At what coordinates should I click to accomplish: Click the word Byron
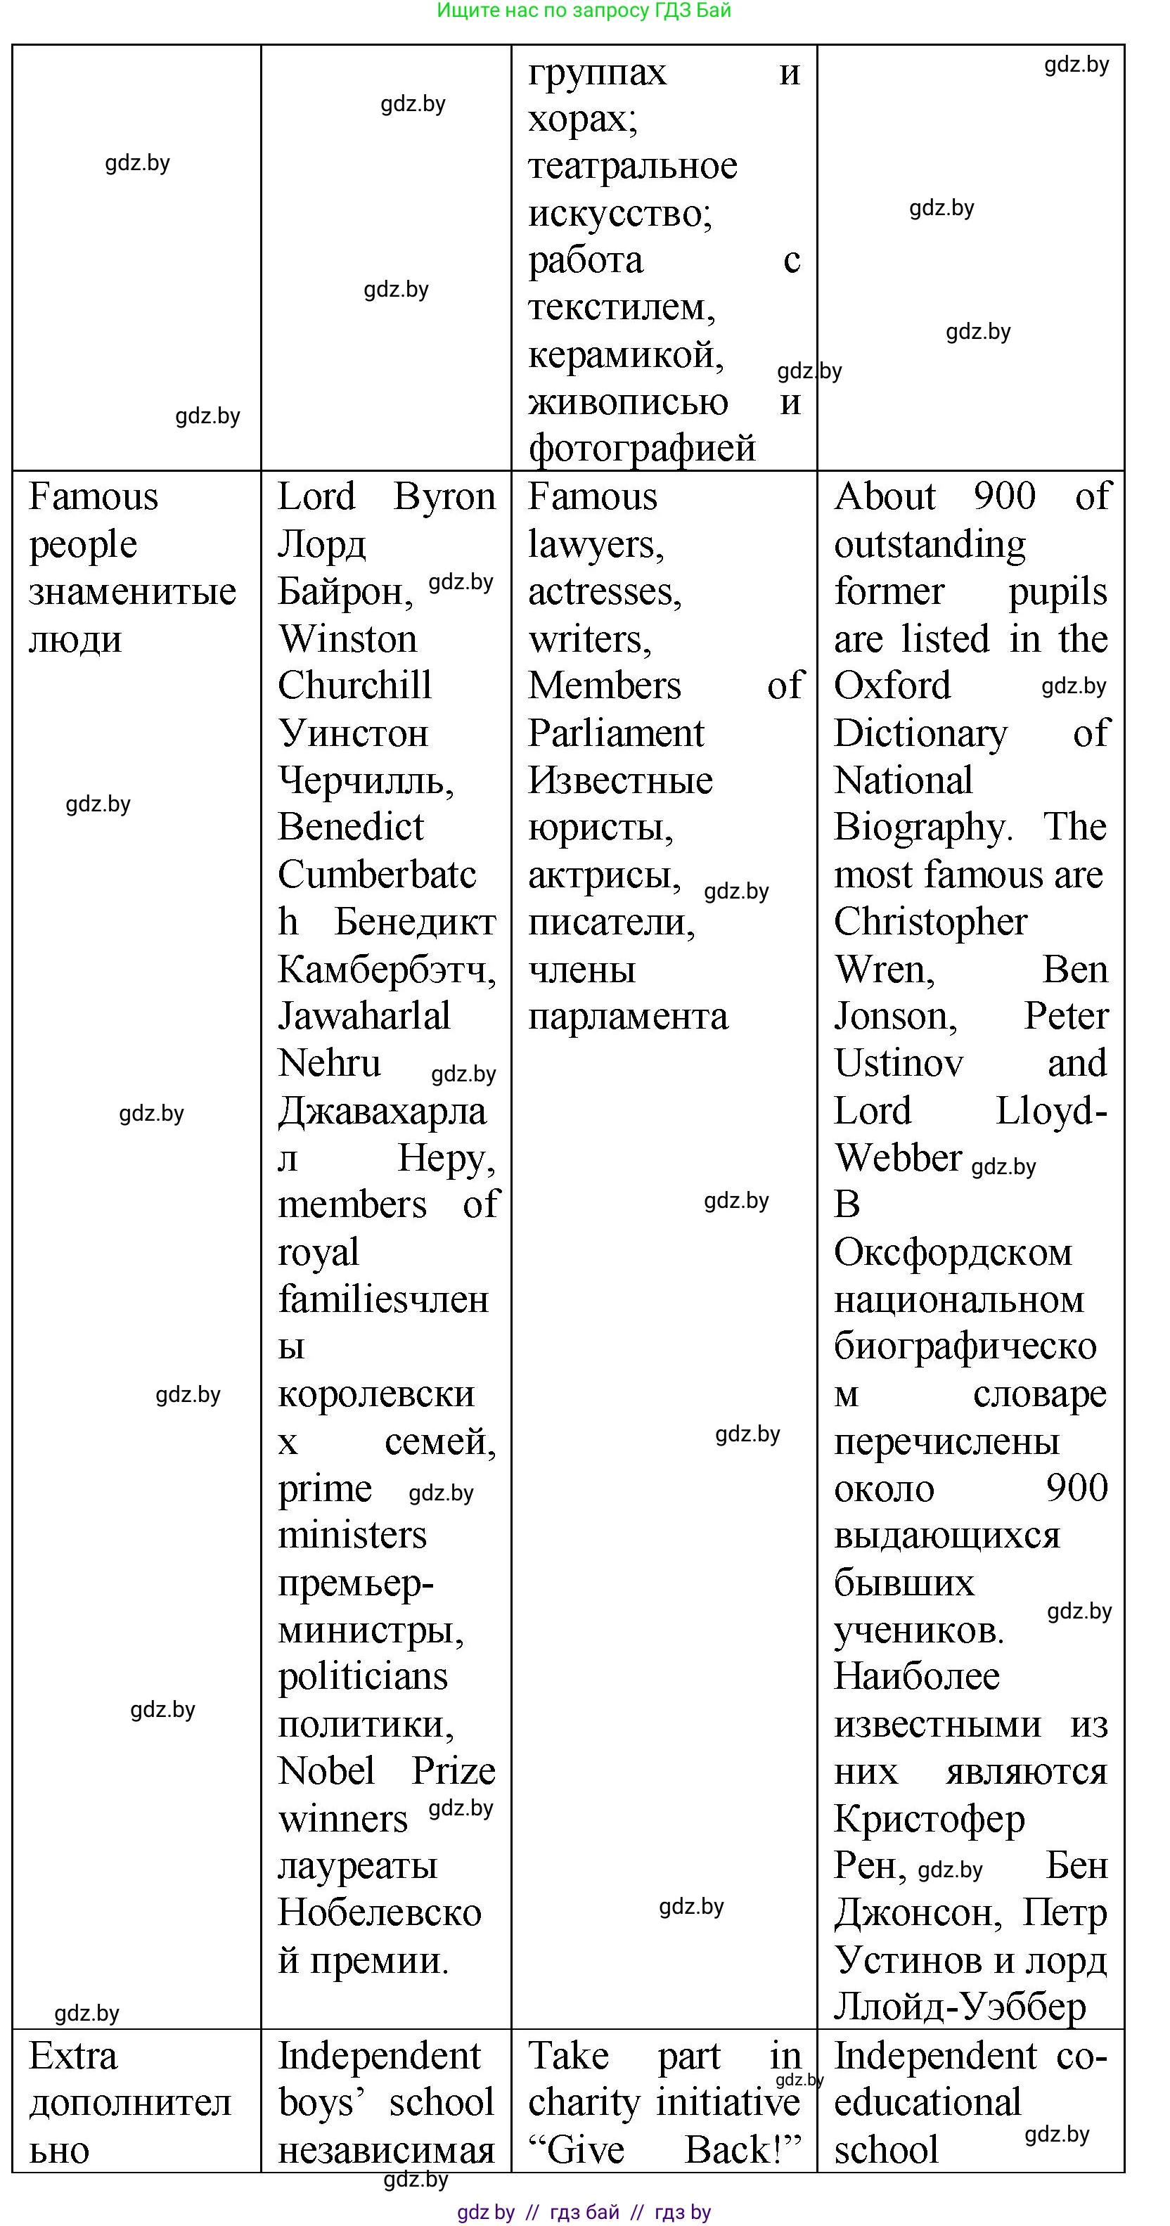click(x=444, y=497)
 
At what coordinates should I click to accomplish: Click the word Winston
click(x=347, y=639)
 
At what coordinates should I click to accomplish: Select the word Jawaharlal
click(x=364, y=1016)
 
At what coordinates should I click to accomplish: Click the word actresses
click(x=604, y=592)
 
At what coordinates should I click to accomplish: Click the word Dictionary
click(x=920, y=733)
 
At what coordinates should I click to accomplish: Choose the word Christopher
click(x=931, y=922)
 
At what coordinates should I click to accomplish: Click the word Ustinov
click(x=899, y=1064)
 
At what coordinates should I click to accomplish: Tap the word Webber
click(x=898, y=1158)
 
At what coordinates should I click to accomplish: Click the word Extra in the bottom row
click(x=72, y=2056)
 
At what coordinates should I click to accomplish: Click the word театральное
click(x=633, y=166)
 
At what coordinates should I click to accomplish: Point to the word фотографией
click(x=642, y=449)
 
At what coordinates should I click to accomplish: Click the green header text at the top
click(x=584, y=11)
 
